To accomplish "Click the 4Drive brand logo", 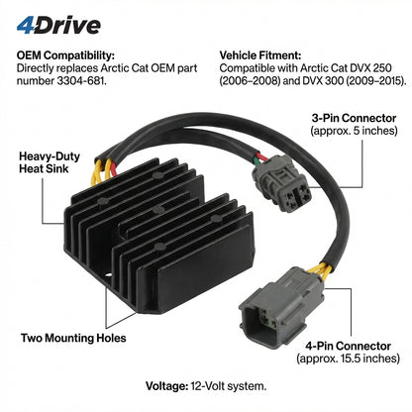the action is (x=58, y=26).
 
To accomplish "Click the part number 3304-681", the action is (x=81, y=81).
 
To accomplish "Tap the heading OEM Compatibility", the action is (x=65, y=55).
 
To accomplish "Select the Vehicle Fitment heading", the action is (x=260, y=55).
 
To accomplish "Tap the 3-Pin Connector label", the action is (x=354, y=118).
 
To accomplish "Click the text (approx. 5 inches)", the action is (x=354, y=131).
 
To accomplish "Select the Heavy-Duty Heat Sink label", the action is (x=50, y=162).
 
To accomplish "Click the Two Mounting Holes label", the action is (x=73, y=338).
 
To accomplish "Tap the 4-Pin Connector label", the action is (x=348, y=346).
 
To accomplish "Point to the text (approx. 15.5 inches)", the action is (x=348, y=359).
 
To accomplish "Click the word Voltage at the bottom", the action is (x=166, y=386).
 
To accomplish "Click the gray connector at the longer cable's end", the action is (x=280, y=309).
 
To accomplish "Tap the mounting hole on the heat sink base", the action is (x=108, y=274).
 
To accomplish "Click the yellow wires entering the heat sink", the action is (x=102, y=171).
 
